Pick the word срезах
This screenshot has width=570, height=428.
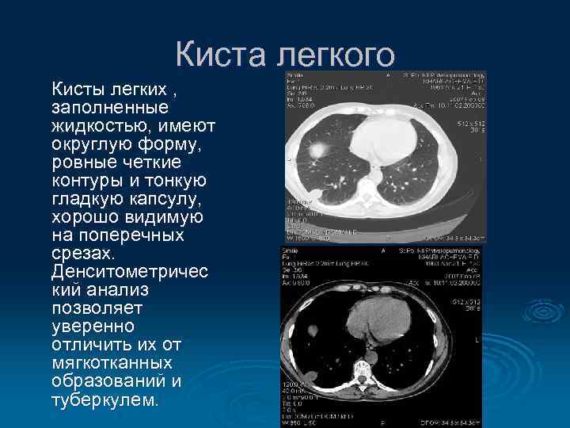click(82, 254)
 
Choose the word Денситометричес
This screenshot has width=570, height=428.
click(130, 272)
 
